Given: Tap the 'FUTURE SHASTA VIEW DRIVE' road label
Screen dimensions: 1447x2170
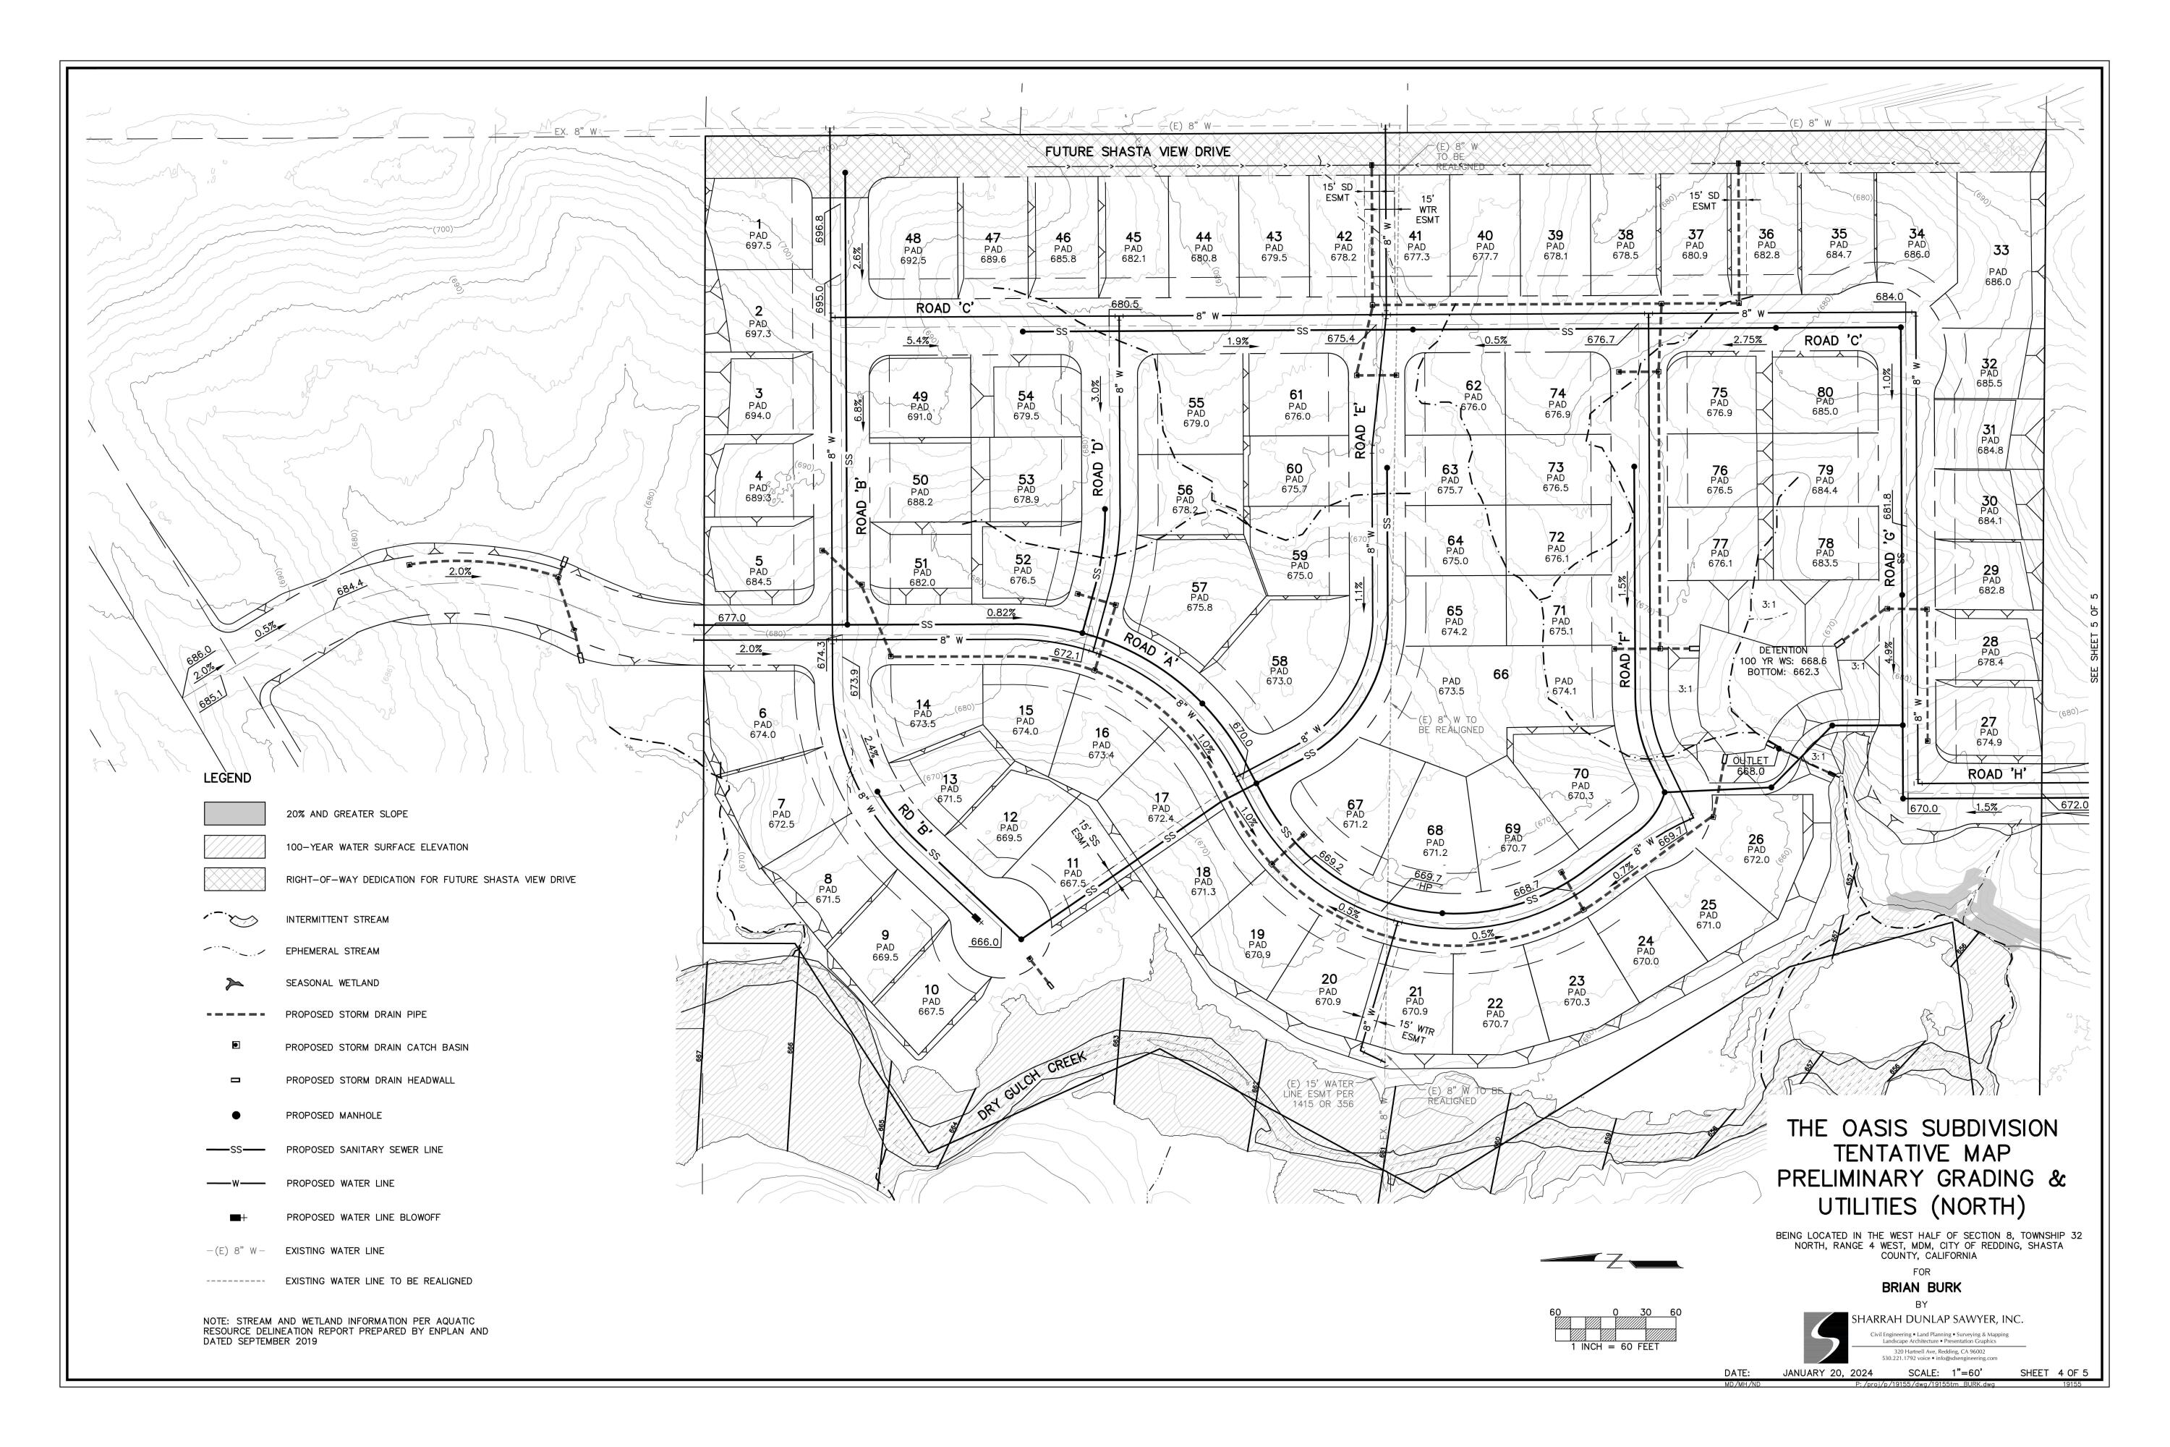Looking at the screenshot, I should [1138, 152].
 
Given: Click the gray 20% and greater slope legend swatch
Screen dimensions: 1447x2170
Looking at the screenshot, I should [234, 813].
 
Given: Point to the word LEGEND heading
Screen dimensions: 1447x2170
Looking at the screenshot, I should [227, 778].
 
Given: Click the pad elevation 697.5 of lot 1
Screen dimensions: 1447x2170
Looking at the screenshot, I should [757, 245].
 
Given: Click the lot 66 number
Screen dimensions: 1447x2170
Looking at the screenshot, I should [1501, 674].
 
